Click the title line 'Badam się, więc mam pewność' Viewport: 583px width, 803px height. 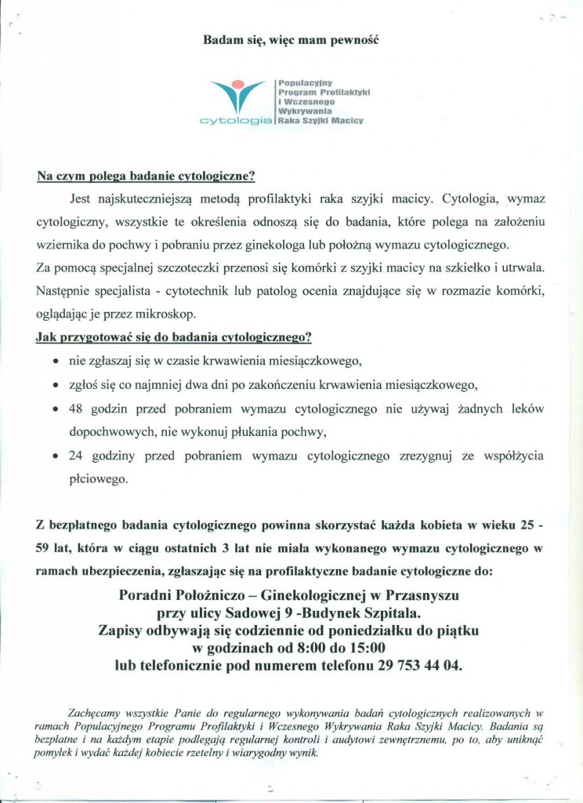coord(291,37)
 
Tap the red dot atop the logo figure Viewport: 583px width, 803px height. coord(246,84)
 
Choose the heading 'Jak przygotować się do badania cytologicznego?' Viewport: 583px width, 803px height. coord(174,338)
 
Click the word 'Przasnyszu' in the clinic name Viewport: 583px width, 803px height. coord(427,596)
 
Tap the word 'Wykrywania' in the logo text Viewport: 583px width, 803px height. coord(302,111)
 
